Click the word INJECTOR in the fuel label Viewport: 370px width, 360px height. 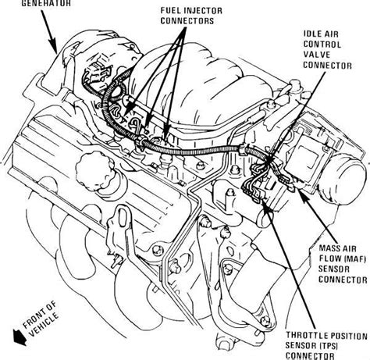pos(200,11)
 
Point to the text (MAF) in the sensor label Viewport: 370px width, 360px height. pos(354,258)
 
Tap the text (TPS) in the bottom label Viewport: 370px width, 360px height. pos(328,346)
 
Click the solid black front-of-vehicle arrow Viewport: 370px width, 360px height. pos(20,337)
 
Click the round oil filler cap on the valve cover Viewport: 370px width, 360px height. pos(95,173)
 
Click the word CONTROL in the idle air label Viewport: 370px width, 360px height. pos(322,45)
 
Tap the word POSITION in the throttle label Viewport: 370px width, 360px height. pos(347,336)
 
